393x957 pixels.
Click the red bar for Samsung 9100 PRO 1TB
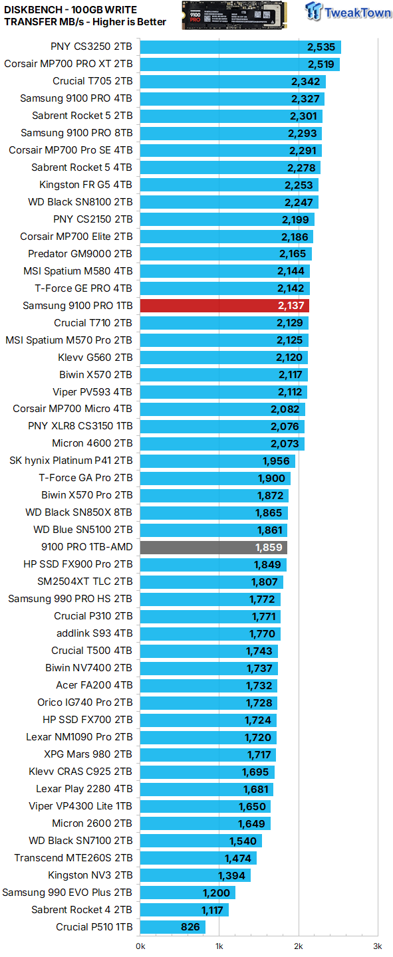point(224,306)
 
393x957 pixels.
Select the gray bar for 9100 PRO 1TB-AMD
point(213,548)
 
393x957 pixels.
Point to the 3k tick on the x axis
point(377,946)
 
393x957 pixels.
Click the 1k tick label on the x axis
point(219,946)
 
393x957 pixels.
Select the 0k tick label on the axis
point(140,946)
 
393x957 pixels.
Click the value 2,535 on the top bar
point(321,47)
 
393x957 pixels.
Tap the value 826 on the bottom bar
point(191,927)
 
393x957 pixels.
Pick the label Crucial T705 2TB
point(92,82)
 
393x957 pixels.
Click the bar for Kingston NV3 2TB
point(195,875)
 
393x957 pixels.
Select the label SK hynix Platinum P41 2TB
point(71,461)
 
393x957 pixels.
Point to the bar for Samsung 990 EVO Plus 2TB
point(188,893)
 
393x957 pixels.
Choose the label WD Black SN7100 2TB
point(80,841)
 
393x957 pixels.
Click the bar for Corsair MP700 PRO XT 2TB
point(239,64)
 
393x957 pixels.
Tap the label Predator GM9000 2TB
point(80,254)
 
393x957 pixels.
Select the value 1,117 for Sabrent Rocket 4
point(215,910)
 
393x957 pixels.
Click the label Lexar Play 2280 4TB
point(84,789)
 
